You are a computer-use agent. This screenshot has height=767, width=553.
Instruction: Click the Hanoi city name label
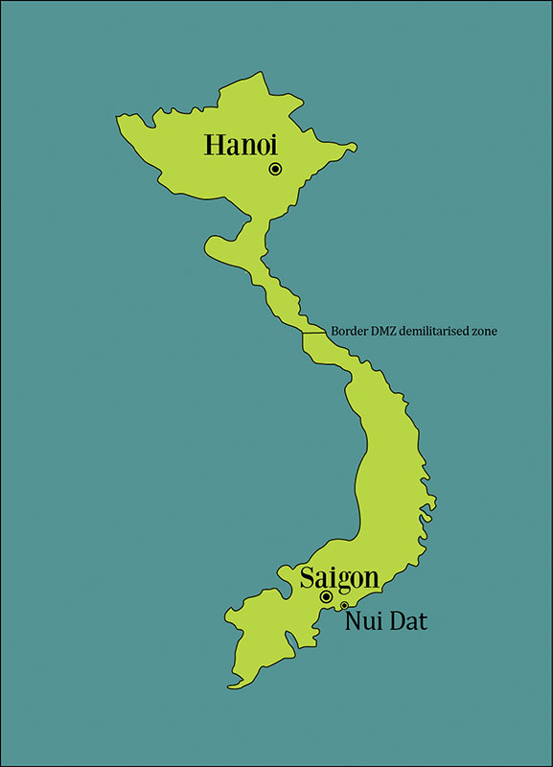pos(241,146)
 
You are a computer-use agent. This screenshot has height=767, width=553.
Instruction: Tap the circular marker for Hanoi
pos(275,169)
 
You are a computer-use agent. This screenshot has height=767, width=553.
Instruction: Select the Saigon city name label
pos(338,578)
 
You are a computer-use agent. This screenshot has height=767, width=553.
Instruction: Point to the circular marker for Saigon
pos(326,596)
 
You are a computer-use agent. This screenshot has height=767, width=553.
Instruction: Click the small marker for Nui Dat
pos(344,605)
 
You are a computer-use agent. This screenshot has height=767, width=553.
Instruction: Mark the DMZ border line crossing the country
pos(315,333)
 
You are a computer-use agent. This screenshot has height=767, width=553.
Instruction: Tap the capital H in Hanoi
pos(215,146)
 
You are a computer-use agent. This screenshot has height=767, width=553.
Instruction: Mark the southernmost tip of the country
pos(231,686)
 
